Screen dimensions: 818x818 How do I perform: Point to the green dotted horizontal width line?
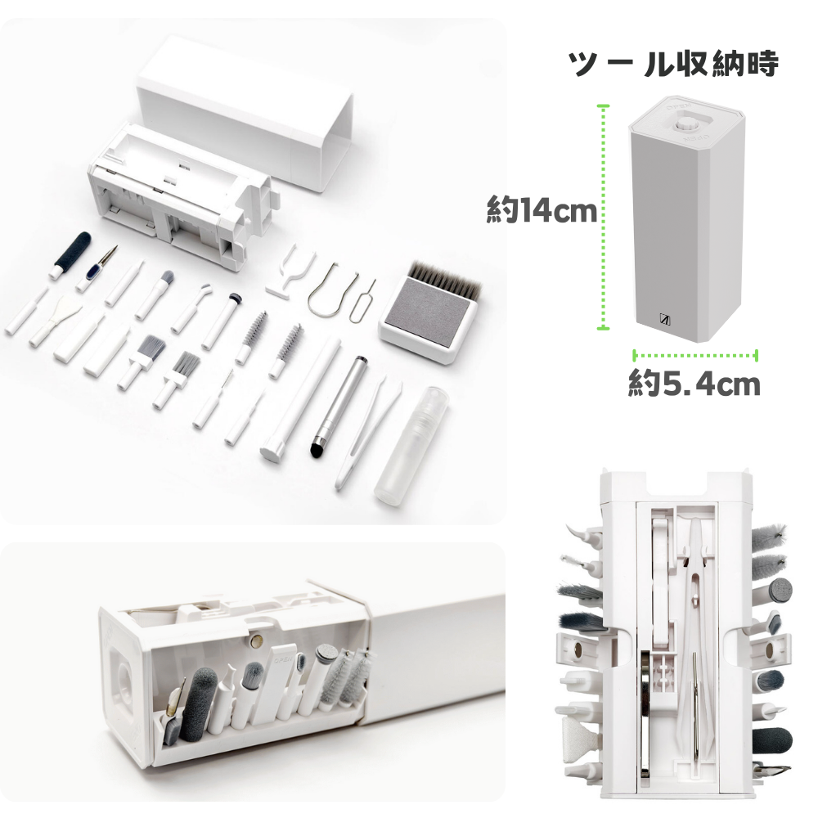695,355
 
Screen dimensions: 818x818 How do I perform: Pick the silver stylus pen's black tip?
318,448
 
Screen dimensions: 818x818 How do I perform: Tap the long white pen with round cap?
299,401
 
